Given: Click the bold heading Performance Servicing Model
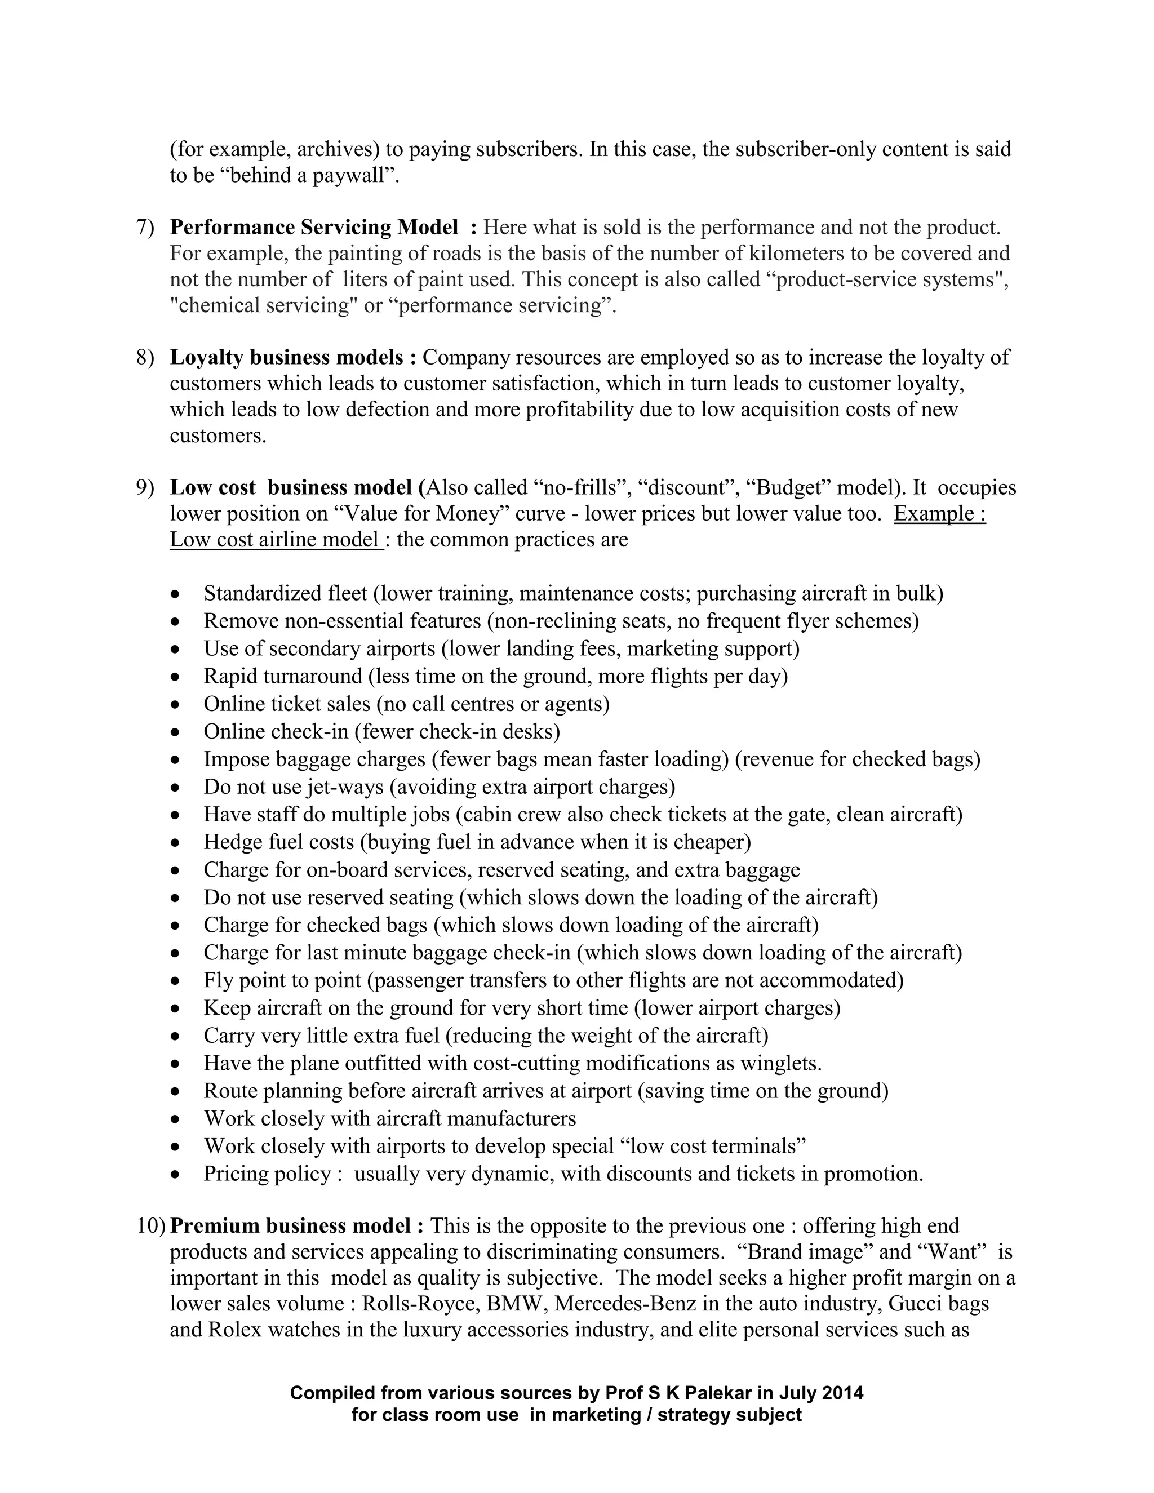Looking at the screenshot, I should pyautogui.click(x=314, y=227).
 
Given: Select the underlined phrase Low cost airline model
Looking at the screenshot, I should pyautogui.click(x=275, y=539).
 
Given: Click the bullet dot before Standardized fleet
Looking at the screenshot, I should pyautogui.click(x=176, y=594).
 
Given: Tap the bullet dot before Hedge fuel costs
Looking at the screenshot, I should pyautogui.click(x=176, y=843).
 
